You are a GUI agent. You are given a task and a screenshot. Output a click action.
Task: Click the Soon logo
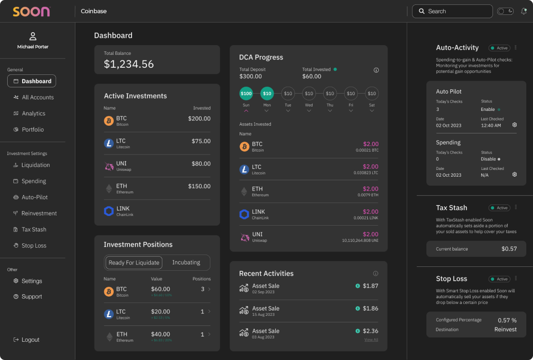(x=31, y=12)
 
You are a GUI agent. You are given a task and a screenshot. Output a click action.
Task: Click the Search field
(x=452, y=11)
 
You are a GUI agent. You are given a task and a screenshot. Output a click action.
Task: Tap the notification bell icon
(x=523, y=11)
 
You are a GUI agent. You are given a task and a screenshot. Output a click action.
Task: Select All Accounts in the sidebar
(x=37, y=97)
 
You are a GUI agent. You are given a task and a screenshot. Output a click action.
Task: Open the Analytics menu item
(x=33, y=114)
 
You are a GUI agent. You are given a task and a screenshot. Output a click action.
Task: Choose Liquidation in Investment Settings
(x=35, y=165)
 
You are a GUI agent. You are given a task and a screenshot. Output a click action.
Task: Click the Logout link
(x=30, y=340)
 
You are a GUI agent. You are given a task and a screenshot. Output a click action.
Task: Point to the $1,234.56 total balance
(x=129, y=64)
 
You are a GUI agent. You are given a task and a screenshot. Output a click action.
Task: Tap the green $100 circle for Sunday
(x=246, y=93)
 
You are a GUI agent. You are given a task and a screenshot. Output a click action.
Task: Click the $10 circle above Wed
(x=309, y=93)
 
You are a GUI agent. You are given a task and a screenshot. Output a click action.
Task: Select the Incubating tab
(x=186, y=263)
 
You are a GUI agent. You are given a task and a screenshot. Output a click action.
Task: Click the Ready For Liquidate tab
(x=133, y=263)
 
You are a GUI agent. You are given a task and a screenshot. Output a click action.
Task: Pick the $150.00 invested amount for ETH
(x=199, y=186)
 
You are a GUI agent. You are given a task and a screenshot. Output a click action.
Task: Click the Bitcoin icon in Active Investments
(x=109, y=121)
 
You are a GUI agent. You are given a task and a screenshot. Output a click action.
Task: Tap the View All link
(x=371, y=340)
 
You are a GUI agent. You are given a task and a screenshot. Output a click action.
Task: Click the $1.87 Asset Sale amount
(x=370, y=286)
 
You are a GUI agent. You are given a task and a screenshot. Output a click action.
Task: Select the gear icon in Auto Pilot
(x=514, y=125)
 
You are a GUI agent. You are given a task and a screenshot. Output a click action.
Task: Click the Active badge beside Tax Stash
(x=499, y=208)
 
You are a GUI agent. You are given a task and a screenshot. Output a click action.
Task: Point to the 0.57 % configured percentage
(x=507, y=320)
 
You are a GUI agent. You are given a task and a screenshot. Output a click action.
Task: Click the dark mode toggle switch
(x=505, y=11)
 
